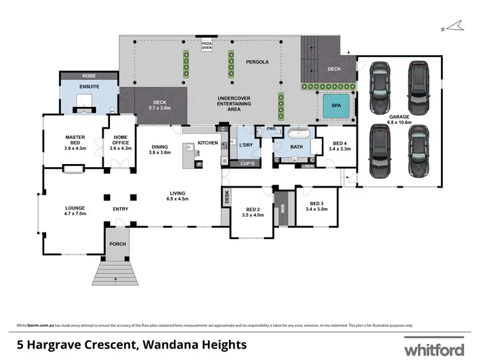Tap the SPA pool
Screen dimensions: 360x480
[335, 106]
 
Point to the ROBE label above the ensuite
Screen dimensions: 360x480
[88, 76]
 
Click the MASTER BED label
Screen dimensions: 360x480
[75, 140]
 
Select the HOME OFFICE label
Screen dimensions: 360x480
[120, 142]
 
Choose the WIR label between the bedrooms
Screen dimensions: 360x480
[281, 208]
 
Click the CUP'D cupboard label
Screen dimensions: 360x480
[247, 163]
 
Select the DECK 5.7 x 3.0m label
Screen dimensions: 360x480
[159, 104]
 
